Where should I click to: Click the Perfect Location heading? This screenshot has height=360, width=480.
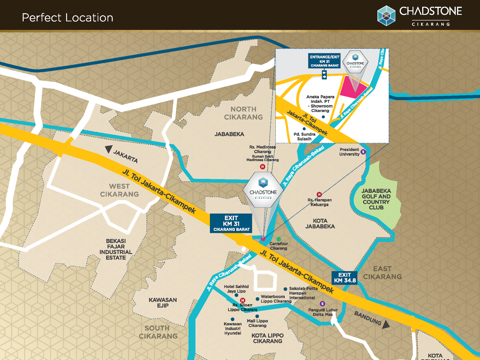(x=67, y=18)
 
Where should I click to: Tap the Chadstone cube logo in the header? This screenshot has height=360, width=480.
(x=386, y=16)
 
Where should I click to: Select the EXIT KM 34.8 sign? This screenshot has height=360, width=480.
(x=344, y=278)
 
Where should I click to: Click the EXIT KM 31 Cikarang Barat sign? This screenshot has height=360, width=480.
(x=231, y=223)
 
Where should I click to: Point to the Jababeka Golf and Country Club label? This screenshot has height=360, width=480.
(x=376, y=199)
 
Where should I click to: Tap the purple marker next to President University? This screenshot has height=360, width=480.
(x=363, y=152)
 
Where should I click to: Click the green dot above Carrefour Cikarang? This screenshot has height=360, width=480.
(x=279, y=239)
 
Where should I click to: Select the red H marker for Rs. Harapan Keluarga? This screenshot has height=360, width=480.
(x=319, y=194)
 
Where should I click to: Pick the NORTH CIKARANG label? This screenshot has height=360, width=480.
(x=243, y=113)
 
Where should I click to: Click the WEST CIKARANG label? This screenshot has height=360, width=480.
(x=119, y=190)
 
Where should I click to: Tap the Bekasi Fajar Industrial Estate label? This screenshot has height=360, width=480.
(x=116, y=249)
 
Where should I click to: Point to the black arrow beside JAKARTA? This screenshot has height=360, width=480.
(x=109, y=149)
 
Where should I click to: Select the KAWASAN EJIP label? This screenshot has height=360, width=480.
(x=163, y=303)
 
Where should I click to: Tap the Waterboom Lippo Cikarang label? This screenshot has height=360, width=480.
(x=276, y=299)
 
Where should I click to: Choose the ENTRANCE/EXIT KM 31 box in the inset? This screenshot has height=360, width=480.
(x=324, y=61)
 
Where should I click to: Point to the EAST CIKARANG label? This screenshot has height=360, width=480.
(x=382, y=273)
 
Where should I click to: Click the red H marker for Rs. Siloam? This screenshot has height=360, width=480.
(x=243, y=300)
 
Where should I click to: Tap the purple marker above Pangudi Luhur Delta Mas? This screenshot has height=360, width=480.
(x=322, y=304)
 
